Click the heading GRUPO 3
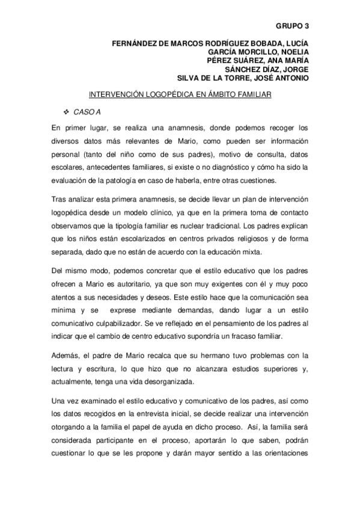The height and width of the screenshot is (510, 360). [291, 26]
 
